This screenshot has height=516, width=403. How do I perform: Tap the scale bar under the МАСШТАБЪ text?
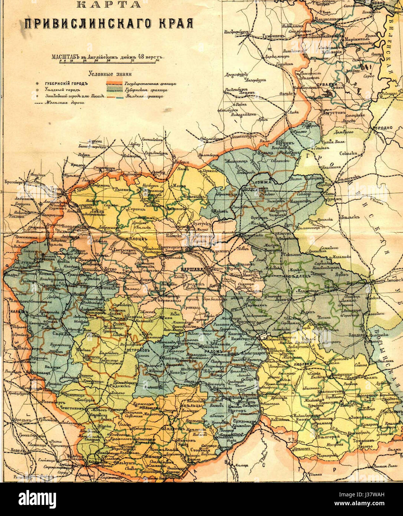[107, 62]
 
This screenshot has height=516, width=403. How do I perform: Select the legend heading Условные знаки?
[110, 74]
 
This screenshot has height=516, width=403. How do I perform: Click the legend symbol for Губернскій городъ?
[36, 84]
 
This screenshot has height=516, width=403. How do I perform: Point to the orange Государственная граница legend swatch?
[114, 84]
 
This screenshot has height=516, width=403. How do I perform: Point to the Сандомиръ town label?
[242, 421]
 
